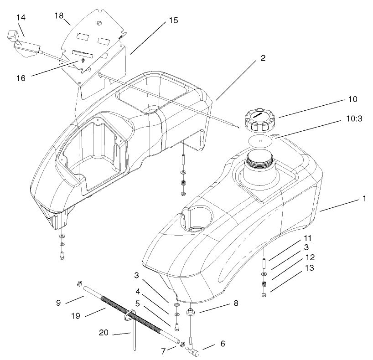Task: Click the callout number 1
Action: pos(364,199)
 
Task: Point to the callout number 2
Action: pos(263,58)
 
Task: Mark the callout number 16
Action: pos(21,78)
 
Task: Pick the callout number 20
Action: pos(104,333)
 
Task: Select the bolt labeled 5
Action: pos(177,326)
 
